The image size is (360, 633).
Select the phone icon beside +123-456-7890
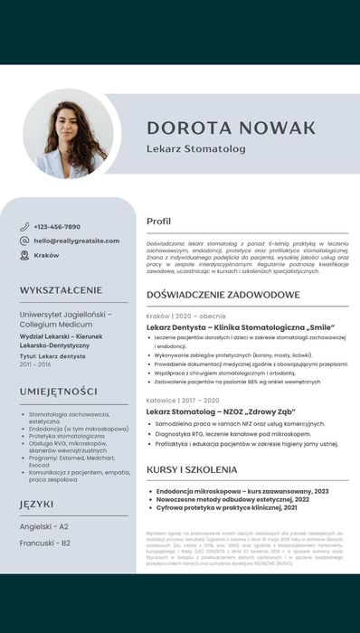pyautogui.click(x=24, y=226)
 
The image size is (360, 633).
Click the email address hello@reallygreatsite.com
pyautogui.click(x=77, y=241)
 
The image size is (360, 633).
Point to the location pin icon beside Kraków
pyautogui.click(x=24, y=255)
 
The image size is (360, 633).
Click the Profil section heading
pyautogui.click(x=158, y=221)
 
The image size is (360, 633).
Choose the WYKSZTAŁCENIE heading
pyautogui.click(x=61, y=289)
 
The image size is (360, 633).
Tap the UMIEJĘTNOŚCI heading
pyautogui.click(x=58, y=391)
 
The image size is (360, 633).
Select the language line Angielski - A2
pyautogui.click(x=44, y=525)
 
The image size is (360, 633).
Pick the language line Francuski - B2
pyautogui.click(x=45, y=543)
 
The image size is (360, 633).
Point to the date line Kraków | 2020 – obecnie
pyautogui.click(x=186, y=316)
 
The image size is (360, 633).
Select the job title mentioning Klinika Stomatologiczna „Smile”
pyautogui.click(x=241, y=326)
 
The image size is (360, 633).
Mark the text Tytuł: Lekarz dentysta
pyautogui.click(x=52, y=356)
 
